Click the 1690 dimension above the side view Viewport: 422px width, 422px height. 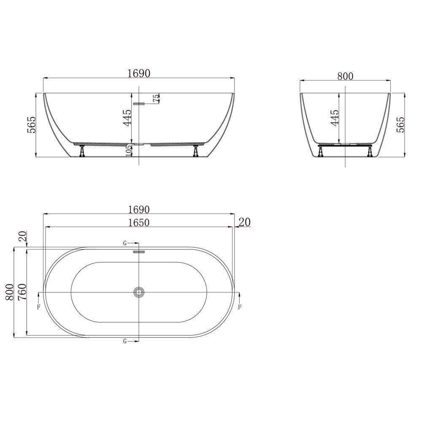(139, 73)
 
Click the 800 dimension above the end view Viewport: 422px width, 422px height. (345, 76)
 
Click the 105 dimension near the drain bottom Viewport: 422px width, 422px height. (129, 150)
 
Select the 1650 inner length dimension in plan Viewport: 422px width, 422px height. (139, 223)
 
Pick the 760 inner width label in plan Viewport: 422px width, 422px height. (22, 292)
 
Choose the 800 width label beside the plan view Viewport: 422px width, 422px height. (9, 292)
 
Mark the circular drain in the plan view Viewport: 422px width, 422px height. (138, 292)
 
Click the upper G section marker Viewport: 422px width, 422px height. (125, 243)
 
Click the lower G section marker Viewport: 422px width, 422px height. (125, 341)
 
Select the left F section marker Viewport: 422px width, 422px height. (39, 307)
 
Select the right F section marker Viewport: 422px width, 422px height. (239, 307)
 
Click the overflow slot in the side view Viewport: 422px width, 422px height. (139, 103)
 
